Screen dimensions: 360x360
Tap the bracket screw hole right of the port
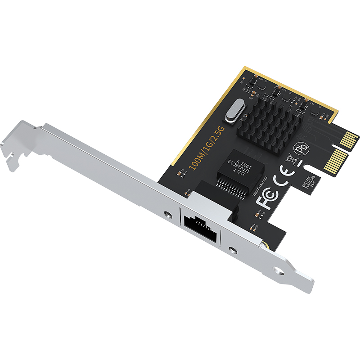tap(232, 250)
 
